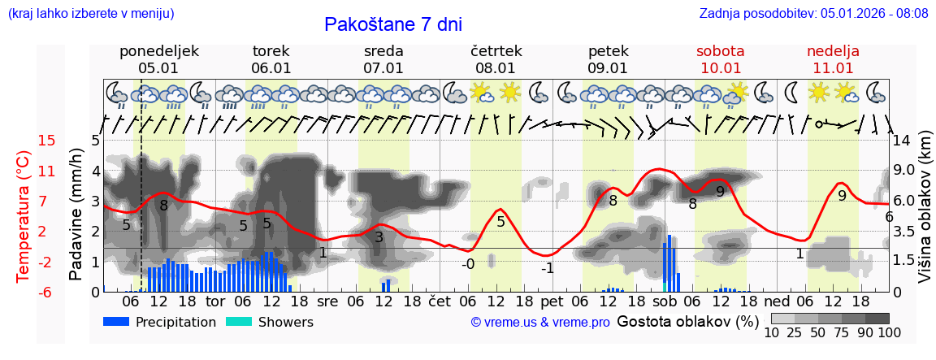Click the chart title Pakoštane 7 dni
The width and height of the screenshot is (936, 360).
(392, 24)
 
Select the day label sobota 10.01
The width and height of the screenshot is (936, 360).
(720, 59)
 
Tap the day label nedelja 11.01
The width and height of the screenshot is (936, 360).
(833, 59)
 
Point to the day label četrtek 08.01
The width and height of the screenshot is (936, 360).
(496, 59)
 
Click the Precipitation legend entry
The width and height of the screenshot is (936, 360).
(160, 322)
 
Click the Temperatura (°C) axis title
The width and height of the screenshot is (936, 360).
(24, 216)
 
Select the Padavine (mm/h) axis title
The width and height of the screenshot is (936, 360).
(76, 214)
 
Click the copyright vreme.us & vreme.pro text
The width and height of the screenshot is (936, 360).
(540, 323)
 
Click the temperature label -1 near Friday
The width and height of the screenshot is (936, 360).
(548, 268)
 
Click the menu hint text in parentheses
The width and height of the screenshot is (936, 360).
(90, 14)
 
